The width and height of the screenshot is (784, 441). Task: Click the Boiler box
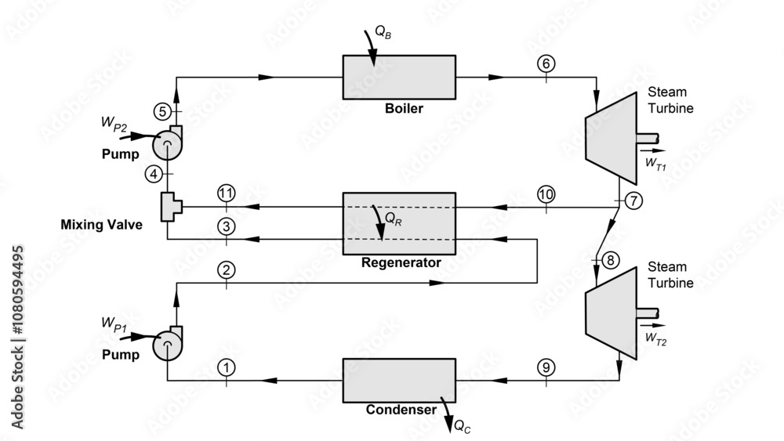(x=398, y=77)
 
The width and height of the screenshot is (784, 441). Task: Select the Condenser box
(x=398, y=380)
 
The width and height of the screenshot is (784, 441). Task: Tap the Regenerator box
(x=398, y=223)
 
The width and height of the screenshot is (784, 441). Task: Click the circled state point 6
(x=546, y=64)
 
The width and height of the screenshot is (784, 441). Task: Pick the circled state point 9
(x=546, y=367)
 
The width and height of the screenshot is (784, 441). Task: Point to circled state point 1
(x=227, y=367)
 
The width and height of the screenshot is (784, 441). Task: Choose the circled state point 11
(x=227, y=193)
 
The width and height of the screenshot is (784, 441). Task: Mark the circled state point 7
(x=633, y=200)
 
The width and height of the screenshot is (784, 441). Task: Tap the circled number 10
(x=546, y=193)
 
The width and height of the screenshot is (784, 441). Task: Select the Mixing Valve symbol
(x=170, y=207)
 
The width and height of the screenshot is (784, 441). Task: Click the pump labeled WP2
(x=166, y=143)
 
